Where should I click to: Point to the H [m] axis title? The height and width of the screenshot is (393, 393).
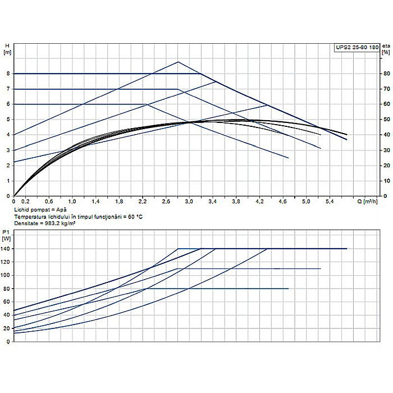point(7,49)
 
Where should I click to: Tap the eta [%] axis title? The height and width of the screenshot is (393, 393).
point(386,49)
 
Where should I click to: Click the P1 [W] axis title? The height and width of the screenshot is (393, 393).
point(7,235)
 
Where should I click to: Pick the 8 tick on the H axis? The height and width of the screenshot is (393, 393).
point(8,74)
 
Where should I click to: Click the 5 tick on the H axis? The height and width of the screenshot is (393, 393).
point(8,120)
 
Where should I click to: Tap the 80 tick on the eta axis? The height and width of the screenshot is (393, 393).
point(386,74)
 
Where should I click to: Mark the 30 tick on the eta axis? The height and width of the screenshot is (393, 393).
point(386,150)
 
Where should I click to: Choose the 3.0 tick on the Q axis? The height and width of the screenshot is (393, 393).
point(189,201)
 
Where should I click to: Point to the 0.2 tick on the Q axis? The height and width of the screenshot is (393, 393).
point(25,201)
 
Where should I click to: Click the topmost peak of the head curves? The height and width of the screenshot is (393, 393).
point(178,62)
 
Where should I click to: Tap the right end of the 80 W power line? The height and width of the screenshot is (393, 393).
point(288,289)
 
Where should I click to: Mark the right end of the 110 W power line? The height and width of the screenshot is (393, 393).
point(321,268)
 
